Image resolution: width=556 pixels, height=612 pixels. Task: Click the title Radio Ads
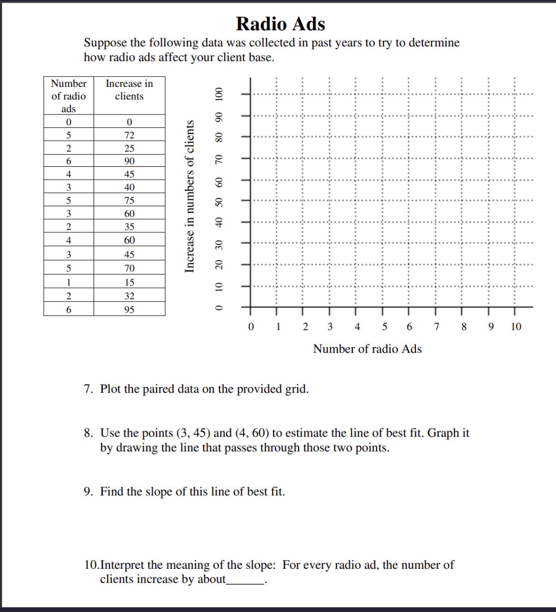pos(280,24)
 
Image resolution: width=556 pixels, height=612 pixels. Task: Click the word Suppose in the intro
pos(105,43)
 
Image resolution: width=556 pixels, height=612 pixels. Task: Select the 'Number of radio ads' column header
pos(69,96)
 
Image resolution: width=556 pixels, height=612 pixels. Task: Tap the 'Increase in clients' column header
pos(129,90)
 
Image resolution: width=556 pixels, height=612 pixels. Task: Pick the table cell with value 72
pos(129,135)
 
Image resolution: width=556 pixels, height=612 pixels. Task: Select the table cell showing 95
pos(129,310)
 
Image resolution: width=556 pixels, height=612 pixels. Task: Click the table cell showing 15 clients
pos(129,282)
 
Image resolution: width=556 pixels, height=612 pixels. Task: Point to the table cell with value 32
pos(129,296)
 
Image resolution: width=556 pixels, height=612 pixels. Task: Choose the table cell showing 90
pos(129,162)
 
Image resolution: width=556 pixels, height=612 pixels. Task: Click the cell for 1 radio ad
pos(69,282)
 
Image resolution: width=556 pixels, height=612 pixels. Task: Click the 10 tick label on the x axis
pos(516,327)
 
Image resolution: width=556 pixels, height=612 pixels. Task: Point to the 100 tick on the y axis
pos(219,94)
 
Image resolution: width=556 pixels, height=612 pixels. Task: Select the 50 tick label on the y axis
pos(219,201)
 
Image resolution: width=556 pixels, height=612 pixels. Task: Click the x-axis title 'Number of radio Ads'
pos(367,349)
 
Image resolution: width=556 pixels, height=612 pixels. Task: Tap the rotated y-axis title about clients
pos(190,196)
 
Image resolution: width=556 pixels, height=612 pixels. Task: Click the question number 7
pos(88,390)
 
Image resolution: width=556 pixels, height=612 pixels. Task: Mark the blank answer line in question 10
pos(245,582)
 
